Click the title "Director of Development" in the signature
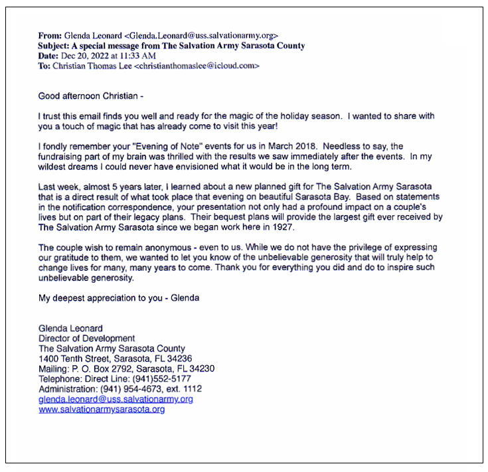pos(86,339)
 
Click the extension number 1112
pos(192,388)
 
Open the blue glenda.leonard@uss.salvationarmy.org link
pos(116,399)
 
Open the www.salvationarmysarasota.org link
pos(102,410)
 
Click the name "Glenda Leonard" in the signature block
pos(71,328)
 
